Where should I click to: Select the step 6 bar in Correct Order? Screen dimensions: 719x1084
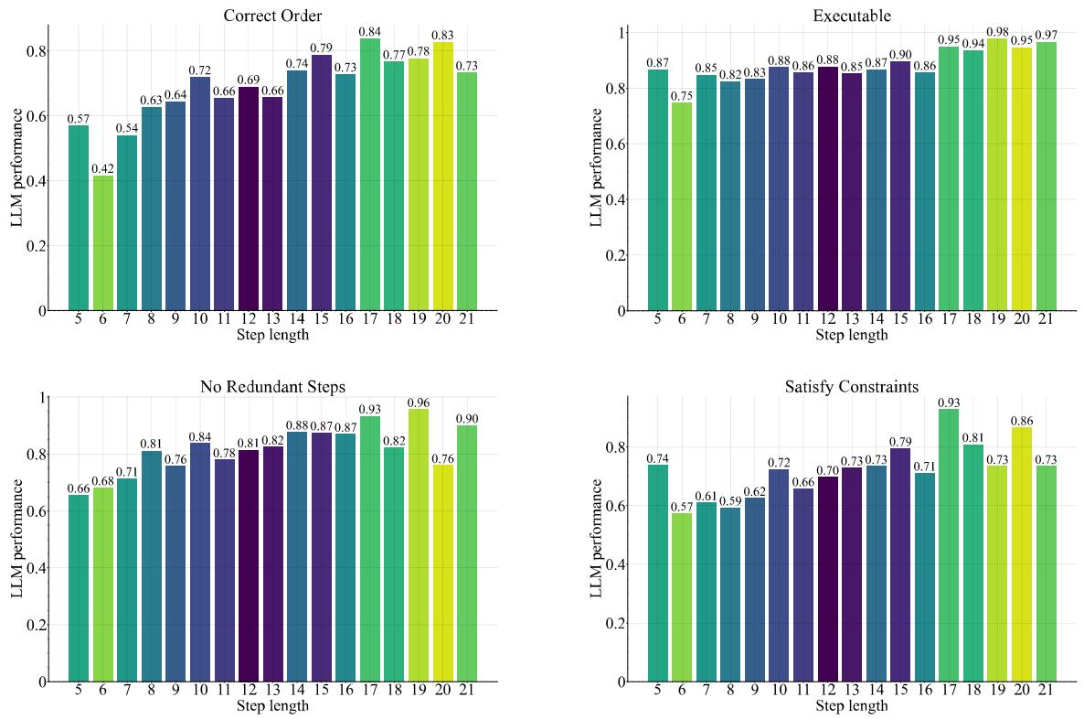pos(102,242)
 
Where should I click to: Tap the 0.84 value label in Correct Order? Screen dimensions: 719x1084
pos(369,32)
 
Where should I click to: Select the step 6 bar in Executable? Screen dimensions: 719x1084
pos(682,206)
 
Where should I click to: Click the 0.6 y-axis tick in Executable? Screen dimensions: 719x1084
pos(622,144)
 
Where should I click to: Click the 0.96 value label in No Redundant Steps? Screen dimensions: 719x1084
pos(419,402)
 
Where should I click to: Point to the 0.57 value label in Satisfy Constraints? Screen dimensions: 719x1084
pos(682,507)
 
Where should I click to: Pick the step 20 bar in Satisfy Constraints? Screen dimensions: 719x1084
pos(1021,554)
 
